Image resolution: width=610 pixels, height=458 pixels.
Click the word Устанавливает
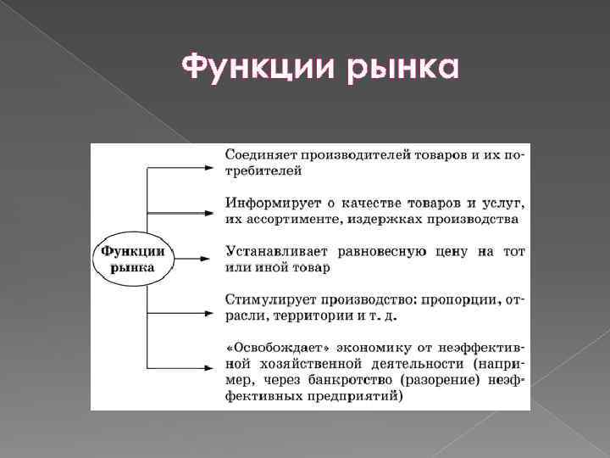270,251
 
